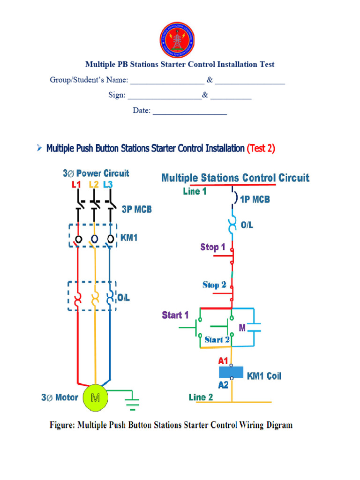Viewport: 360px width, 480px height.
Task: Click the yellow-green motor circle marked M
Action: [95, 398]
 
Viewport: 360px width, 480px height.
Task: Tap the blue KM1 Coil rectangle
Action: [232, 373]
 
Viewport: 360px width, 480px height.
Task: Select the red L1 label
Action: [77, 185]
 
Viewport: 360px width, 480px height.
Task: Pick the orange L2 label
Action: [93, 185]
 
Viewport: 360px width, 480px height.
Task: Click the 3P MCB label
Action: [137, 210]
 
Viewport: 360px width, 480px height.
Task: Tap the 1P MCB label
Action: [255, 199]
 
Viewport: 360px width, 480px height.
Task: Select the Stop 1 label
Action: [213, 247]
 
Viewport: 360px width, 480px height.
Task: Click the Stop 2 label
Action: [214, 285]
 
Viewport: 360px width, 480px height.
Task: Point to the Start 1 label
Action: [175, 315]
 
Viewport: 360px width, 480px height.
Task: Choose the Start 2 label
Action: [217, 339]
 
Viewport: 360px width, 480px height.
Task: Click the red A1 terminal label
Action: [223, 361]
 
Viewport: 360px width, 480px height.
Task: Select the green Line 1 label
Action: [195, 191]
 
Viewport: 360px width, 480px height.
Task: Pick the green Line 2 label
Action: [201, 397]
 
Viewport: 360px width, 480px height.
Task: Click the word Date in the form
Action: [141, 111]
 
